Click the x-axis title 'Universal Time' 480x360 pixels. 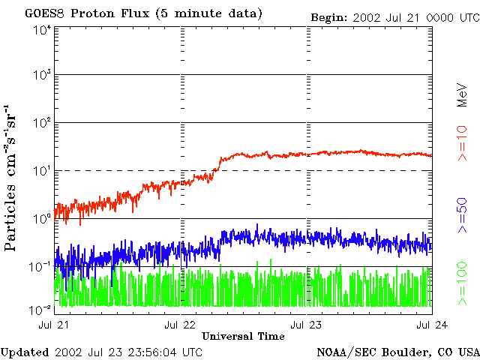(x=243, y=336)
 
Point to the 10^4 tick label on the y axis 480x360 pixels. (x=43, y=31)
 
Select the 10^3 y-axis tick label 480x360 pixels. (x=43, y=75)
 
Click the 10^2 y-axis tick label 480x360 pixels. (x=43, y=123)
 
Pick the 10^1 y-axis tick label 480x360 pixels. (x=43, y=171)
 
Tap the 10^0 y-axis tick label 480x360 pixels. (x=43, y=219)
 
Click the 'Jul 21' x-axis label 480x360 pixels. (x=53, y=325)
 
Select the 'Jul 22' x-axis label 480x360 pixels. (x=180, y=325)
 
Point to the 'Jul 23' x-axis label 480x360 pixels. (x=306, y=325)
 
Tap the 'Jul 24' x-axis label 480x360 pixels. (x=432, y=325)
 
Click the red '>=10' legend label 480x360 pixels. (x=462, y=143)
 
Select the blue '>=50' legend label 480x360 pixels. (x=462, y=215)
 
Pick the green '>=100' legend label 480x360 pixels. (x=462, y=283)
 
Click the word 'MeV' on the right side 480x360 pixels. (x=462, y=95)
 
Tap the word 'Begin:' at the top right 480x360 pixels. (x=329, y=18)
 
